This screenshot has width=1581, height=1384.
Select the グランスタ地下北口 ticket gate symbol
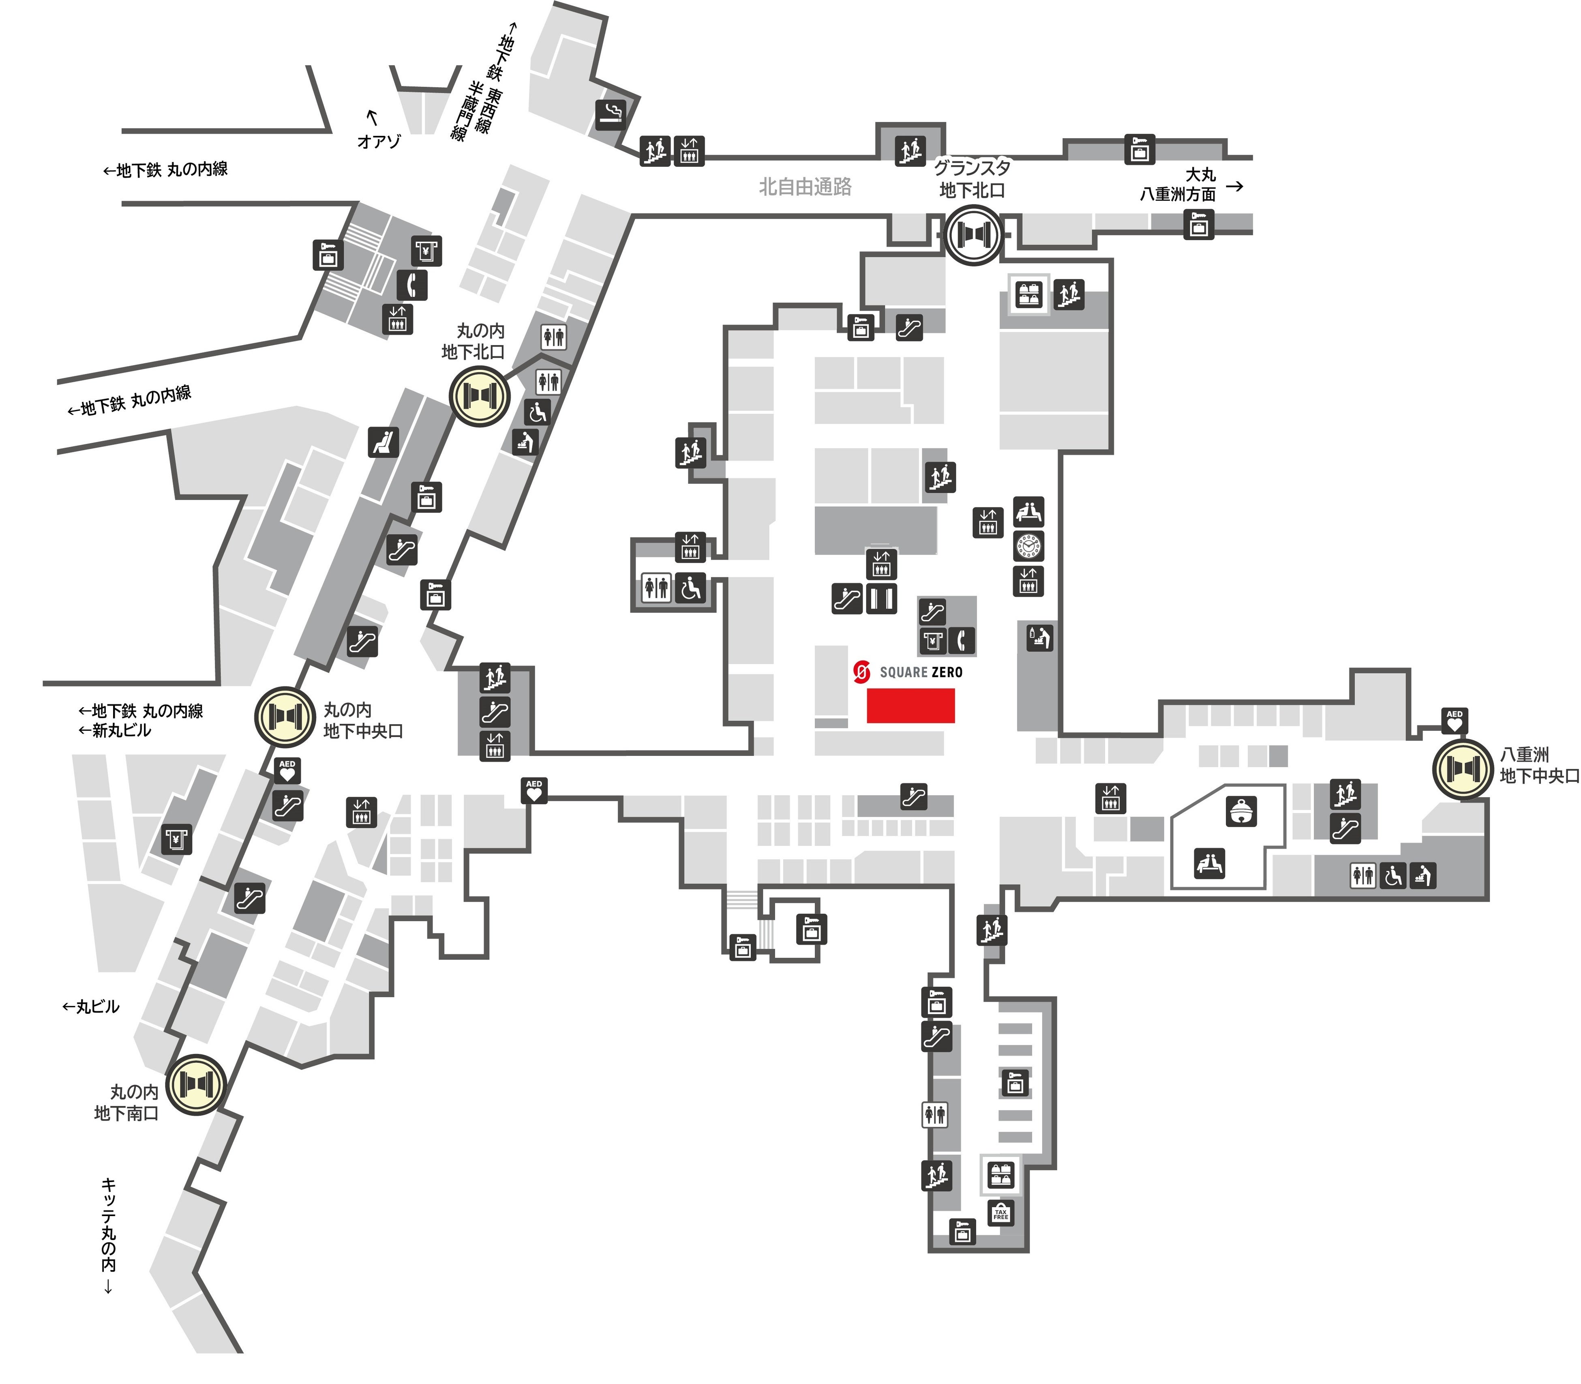(972, 235)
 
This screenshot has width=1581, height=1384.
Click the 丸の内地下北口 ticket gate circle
(480, 396)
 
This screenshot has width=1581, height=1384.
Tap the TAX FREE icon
(1000, 1213)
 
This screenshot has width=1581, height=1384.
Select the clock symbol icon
(1028, 546)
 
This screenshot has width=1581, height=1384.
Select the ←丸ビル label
(91, 1006)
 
